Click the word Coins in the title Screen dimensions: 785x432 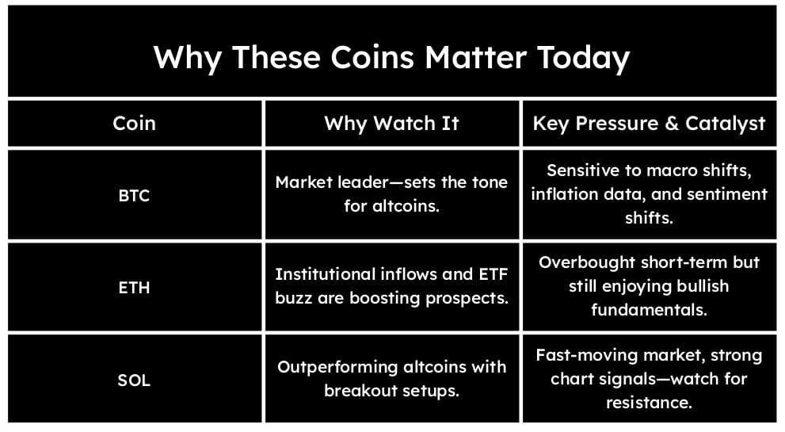pyautogui.click(x=372, y=57)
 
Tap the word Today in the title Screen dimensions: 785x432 pyautogui.click(x=583, y=58)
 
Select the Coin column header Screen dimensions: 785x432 pyautogui.click(x=134, y=124)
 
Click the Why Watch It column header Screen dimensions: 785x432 pyautogui.click(x=391, y=124)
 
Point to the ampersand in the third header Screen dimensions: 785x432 pyautogui.click(x=672, y=124)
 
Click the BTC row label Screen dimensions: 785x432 pyautogui.click(x=134, y=196)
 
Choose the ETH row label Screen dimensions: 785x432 pyautogui.click(x=134, y=288)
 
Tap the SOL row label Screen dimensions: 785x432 pyautogui.click(x=134, y=380)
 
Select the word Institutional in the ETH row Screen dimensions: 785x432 pyautogui.click(x=325, y=274)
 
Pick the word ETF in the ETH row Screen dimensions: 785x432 pyautogui.click(x=493, y=274)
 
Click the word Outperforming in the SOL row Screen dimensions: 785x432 pyautogui.click(x=338, y=367)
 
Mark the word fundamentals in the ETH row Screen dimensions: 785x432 pyautogui.click(x=649, y=310)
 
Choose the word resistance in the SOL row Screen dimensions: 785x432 pyautogui.click(x=649, y=403)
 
